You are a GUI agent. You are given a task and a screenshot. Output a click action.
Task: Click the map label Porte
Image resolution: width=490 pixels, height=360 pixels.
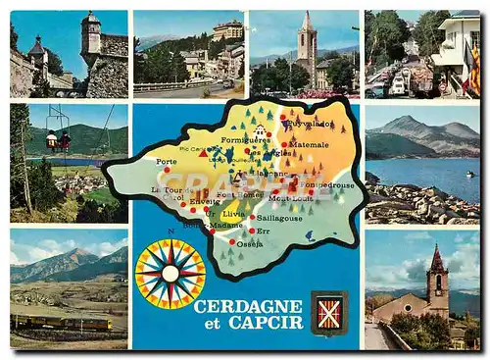(167, 161)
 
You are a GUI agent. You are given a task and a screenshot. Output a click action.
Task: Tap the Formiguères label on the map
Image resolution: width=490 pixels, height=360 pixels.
(245, 139)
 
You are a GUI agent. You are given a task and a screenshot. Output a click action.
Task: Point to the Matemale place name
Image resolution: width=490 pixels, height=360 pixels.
(309, 144)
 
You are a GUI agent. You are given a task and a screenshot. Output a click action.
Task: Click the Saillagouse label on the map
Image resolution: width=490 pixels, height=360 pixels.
(279, 218)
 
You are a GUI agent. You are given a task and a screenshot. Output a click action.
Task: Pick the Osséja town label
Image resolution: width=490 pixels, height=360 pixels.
(250, 243)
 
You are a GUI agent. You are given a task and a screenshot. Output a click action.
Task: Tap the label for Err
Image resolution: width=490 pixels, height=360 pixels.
(263, 231)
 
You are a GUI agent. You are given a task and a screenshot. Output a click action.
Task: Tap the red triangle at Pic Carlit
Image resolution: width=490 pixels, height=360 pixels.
(203, 154)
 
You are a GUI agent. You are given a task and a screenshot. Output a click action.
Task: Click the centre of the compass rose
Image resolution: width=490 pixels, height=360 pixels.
(170, 274)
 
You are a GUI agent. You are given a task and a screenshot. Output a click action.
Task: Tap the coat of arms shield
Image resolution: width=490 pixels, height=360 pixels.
(329, 313)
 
